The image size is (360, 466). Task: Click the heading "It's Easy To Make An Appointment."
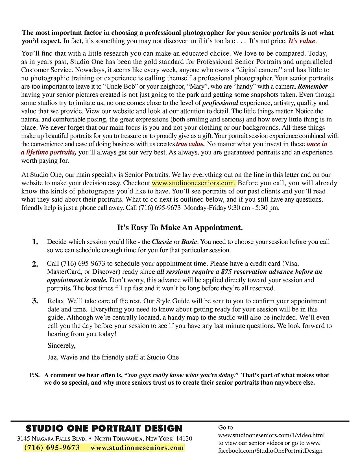click(x=180, y=228)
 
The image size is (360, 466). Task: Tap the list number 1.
click(x=35, y=242)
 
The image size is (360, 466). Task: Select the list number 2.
click(x=35, y=264)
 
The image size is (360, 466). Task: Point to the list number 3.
click(x=35, y=301)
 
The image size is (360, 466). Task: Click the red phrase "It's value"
click(x=301, y=41)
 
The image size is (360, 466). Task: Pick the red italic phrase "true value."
click(x=190, y=144)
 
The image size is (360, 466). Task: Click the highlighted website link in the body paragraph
click(x=194, y=183)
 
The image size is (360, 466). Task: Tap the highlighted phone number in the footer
click(x=52, y=448)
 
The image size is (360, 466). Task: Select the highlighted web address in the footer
click(x=137, y=448)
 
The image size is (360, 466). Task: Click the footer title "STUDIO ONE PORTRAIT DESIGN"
click(x=104, y=428)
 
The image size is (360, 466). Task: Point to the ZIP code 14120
click(x=184, y=439)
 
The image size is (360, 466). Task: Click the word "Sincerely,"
click(x=62, y=346)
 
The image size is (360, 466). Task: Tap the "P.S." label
click(x=34, y=375)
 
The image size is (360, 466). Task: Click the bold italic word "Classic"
click(x=162, y=242)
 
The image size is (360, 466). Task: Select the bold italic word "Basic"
click(x=189, y=242)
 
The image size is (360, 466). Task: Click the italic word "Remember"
click(x=313, y=86)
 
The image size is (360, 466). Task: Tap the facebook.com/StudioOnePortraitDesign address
click(x=270, y=451)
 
